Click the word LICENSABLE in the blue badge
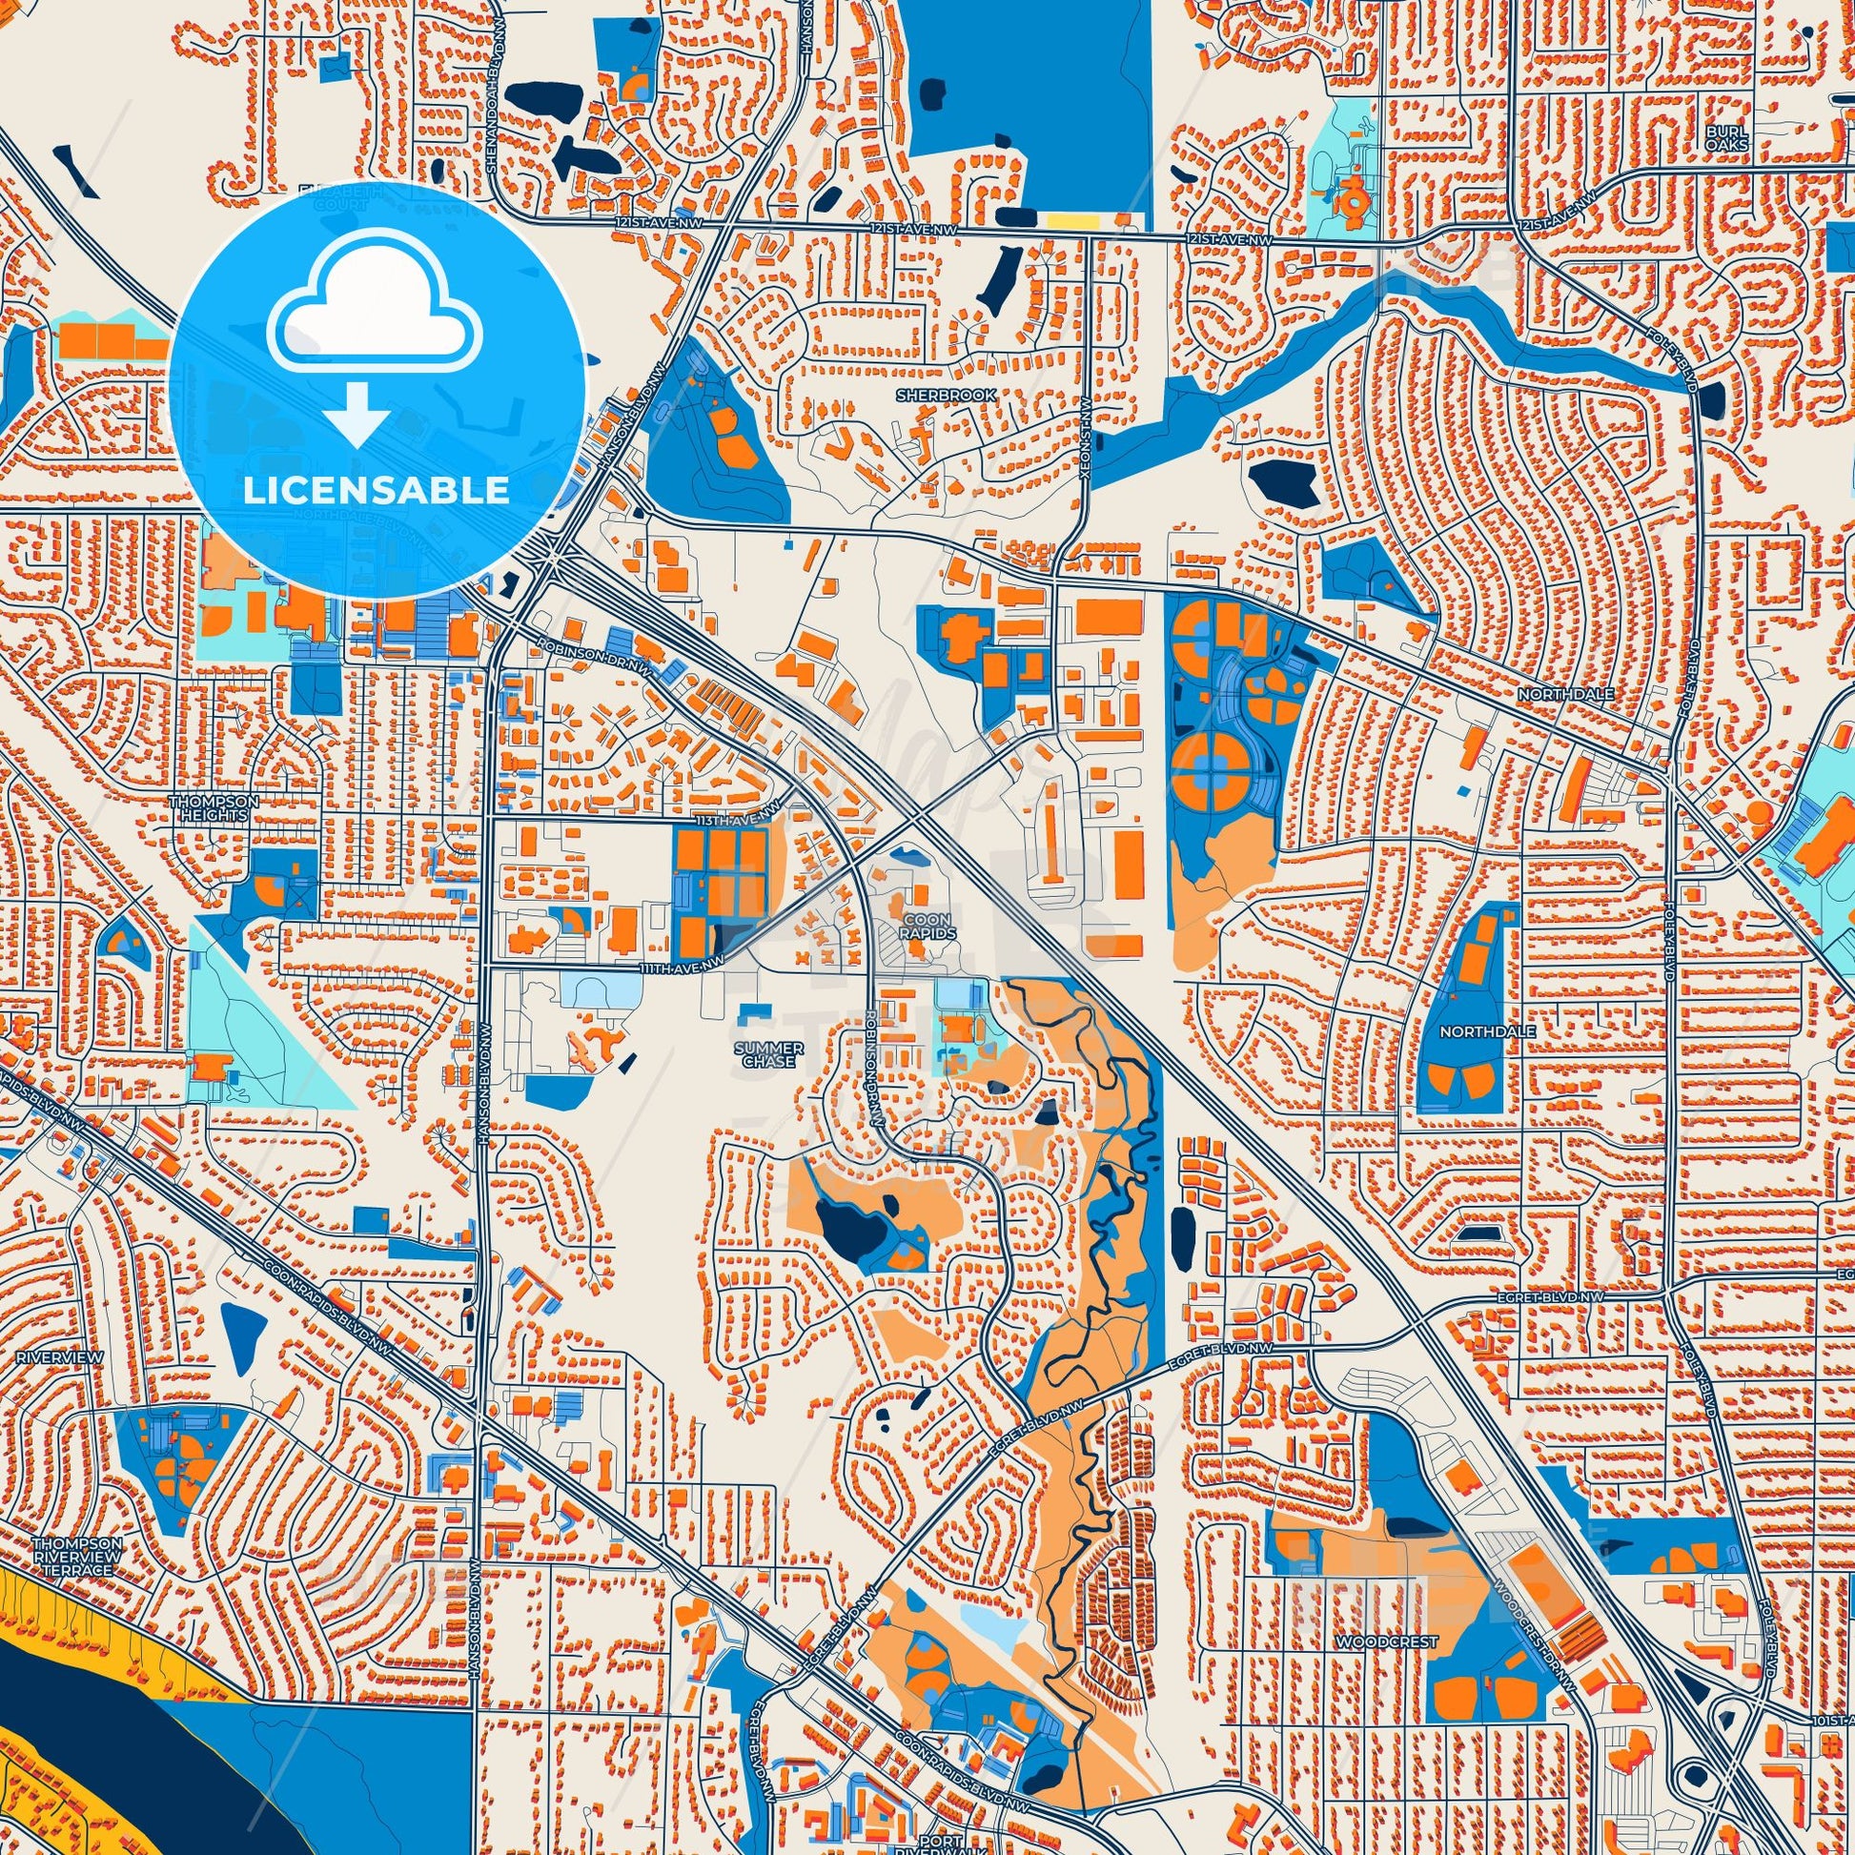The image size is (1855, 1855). pyautogui.click(x=376, y=491)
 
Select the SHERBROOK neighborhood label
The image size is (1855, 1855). pyautogui.click(x=931, y=395)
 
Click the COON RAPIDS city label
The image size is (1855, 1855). pyautogui.click(x=927, y=926)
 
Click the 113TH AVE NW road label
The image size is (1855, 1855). pyautogui.click(x=731, y=823)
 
